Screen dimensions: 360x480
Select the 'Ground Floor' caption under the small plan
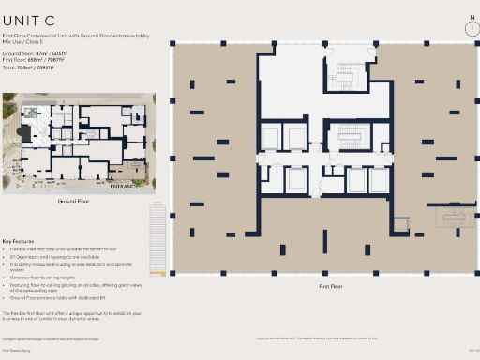[73, 202]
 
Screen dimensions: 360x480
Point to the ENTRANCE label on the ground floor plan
[126, 186]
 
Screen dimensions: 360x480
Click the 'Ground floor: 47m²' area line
[34, 55]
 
